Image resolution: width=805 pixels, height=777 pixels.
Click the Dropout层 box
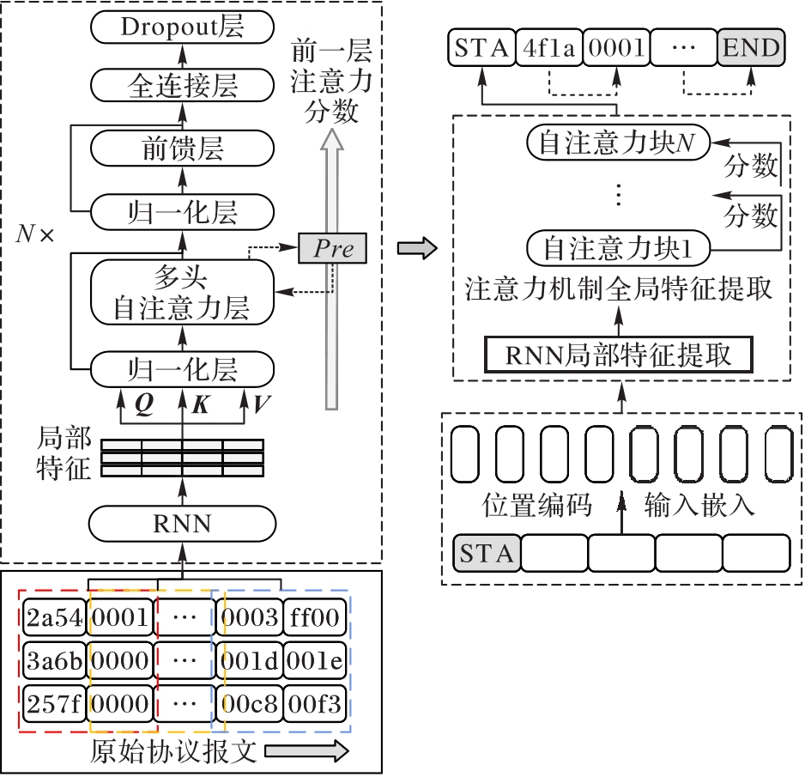point(182,27)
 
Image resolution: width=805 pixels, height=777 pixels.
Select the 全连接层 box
point(182,86)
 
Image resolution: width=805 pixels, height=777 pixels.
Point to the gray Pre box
point(332,249)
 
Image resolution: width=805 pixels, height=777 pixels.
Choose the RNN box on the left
point(182,522)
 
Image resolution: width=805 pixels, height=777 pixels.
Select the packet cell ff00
point(314,616)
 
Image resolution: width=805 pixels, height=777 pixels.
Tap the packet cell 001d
point(249,661)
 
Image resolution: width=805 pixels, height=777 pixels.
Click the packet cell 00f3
point(314,706)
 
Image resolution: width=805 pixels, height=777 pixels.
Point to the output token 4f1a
point(548,48)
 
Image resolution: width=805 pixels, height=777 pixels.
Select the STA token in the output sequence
point(481,48)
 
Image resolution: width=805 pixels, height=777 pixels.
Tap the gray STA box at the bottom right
point(487,553)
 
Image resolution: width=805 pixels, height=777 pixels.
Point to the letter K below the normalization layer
point(200,404)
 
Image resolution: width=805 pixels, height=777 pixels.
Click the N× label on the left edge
point(34,234)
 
